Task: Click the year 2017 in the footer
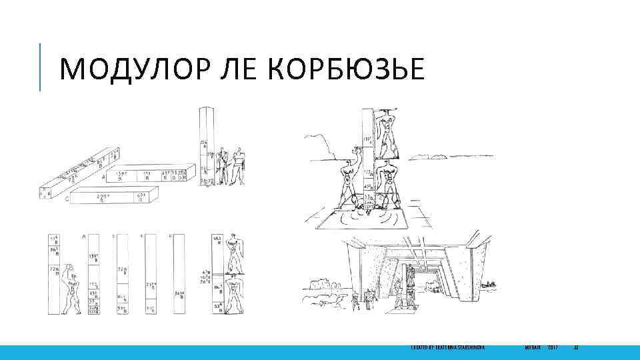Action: (x=553, y=348)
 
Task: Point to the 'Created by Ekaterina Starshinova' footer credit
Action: (x=447, y=348)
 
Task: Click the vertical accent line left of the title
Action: (x=40, y=67)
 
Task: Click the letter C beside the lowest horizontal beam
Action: (x=67, y=198)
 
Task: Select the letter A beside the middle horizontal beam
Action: (x=103, y=178)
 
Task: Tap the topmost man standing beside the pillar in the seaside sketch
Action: (x=385, y=131)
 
